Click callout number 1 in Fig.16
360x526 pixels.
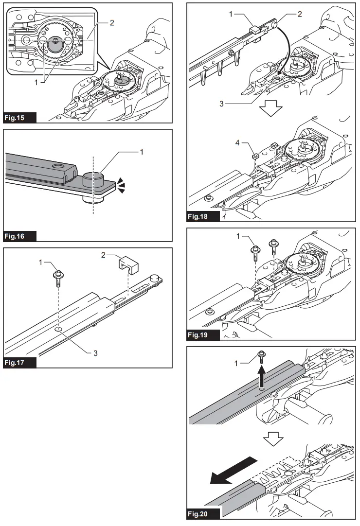(x=142, y=153)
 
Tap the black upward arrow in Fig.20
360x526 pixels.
(x=262, y=376)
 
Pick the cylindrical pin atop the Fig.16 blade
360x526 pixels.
(x=94, y=179)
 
